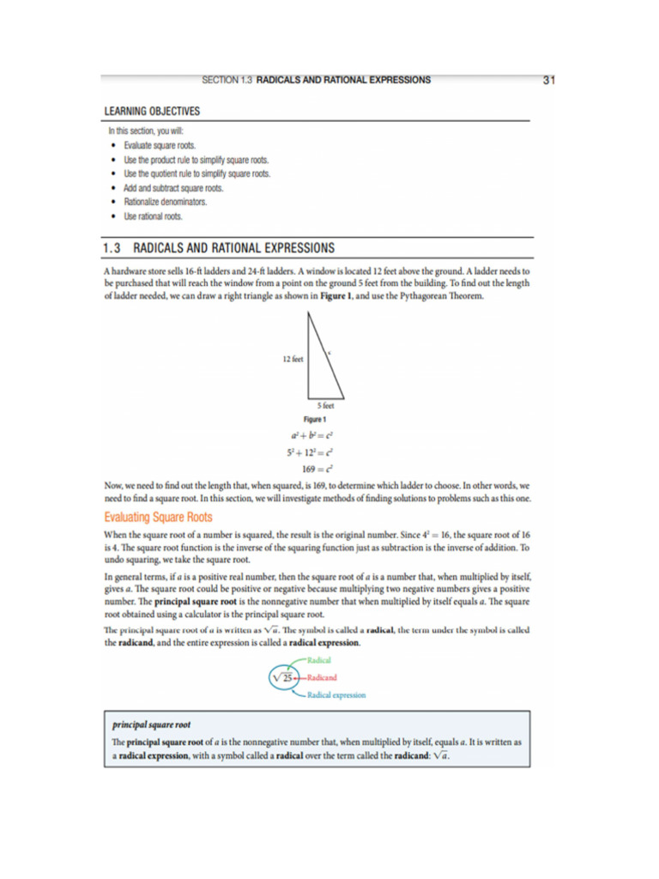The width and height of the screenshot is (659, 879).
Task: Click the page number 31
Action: [x=550, y=80]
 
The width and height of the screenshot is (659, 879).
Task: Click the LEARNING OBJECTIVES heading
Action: [x=152, y=112]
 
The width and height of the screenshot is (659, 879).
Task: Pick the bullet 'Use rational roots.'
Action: [x=154, y=216]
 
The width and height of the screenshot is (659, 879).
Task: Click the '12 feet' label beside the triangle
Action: [x=293, y=359]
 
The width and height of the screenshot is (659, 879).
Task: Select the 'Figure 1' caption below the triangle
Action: [x=317, y=419]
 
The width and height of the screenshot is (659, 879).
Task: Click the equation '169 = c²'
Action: [x=316, y=469]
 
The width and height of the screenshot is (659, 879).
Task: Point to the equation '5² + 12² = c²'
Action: [x=310, y=452]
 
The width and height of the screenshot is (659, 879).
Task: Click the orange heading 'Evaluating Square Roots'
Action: [x=158, y=518]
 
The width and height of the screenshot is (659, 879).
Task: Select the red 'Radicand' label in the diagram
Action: [x=322, y=678]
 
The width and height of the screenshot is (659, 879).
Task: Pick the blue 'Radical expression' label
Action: [x=336, y=694]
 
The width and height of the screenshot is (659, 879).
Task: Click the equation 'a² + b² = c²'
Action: [x=316, y=435]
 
